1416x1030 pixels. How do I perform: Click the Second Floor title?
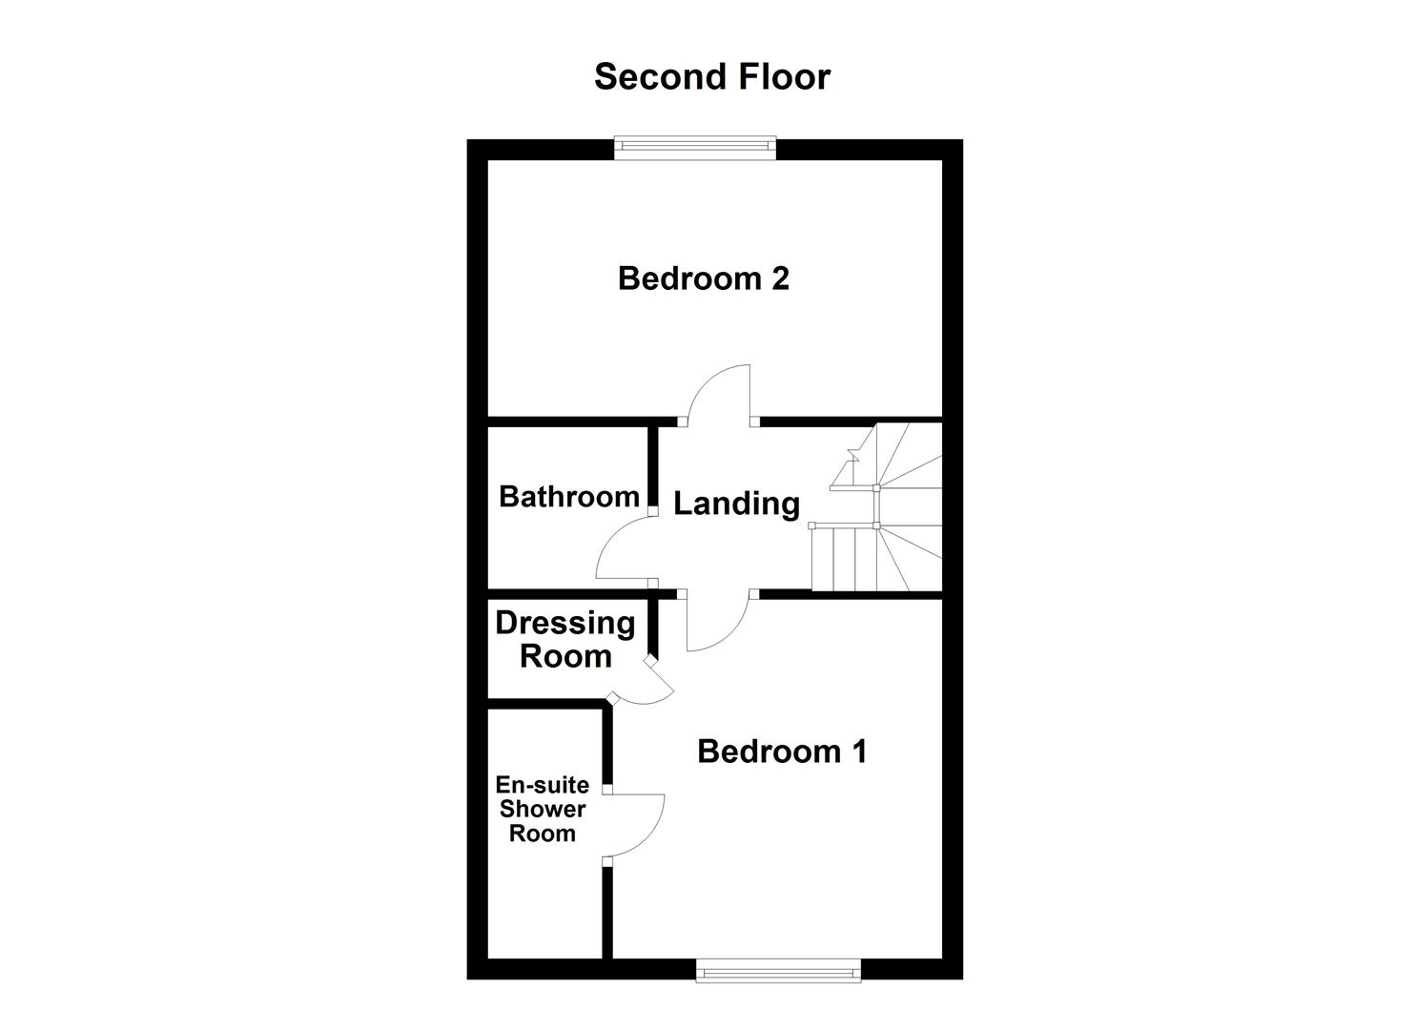point(711,76)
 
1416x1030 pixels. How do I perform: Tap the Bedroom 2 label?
point(703,278)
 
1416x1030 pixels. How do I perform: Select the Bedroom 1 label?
point(782,752)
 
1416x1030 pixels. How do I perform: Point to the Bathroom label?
point(568,497)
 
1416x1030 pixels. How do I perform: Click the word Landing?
point(736,504)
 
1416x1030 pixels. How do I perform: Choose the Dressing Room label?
point(564,640)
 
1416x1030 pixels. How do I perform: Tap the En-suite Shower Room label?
point(542,809)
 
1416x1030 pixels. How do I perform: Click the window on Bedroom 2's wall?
point(695,146)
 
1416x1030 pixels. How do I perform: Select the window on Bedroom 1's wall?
point(778,973)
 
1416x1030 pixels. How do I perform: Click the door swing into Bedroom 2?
point(721,393)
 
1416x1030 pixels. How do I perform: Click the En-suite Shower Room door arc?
point(637,826)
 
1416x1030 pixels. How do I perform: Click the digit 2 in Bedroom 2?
point(779,278)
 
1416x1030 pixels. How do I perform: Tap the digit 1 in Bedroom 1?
point(859,752)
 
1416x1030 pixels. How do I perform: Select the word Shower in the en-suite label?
point(543,809)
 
